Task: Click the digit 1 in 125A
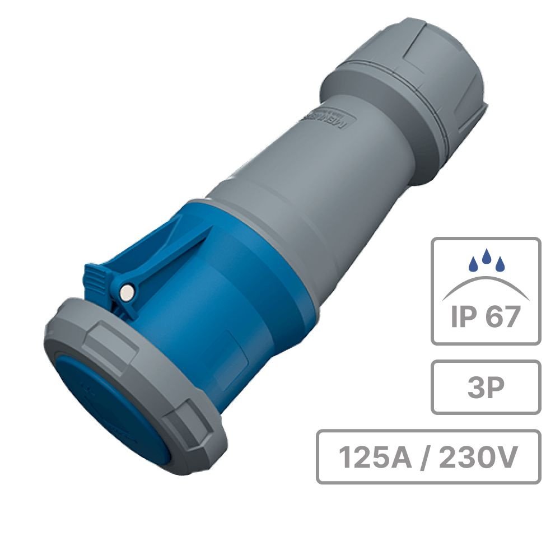tap(346, 458)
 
